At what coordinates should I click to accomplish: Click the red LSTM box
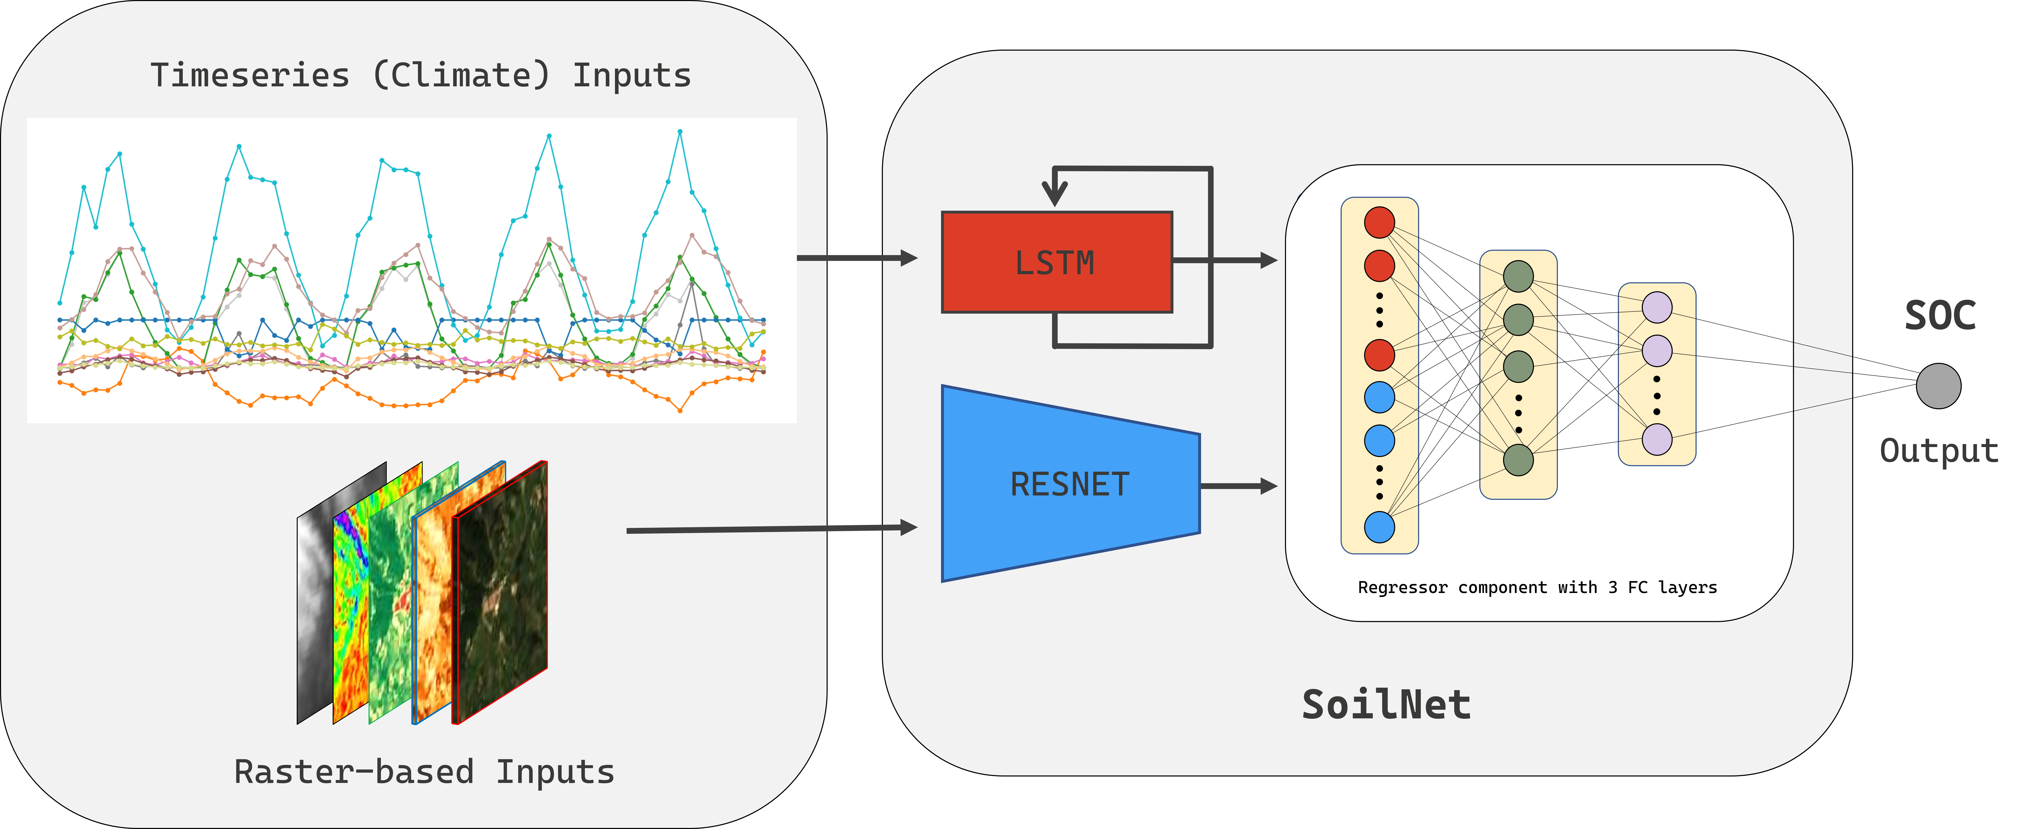[1056, 263]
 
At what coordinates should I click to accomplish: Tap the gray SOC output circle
[1938, 386]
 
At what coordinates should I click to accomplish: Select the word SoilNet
[1385, 704]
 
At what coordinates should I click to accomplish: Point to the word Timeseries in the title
[249, 75]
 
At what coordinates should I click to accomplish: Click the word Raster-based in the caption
[354, 772]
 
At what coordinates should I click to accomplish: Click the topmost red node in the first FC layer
[1379, 222]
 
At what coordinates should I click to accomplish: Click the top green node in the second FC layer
[1518, 276]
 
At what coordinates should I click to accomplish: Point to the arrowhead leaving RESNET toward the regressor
[1269, 486]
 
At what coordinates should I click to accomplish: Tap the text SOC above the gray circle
[1939, 315]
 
